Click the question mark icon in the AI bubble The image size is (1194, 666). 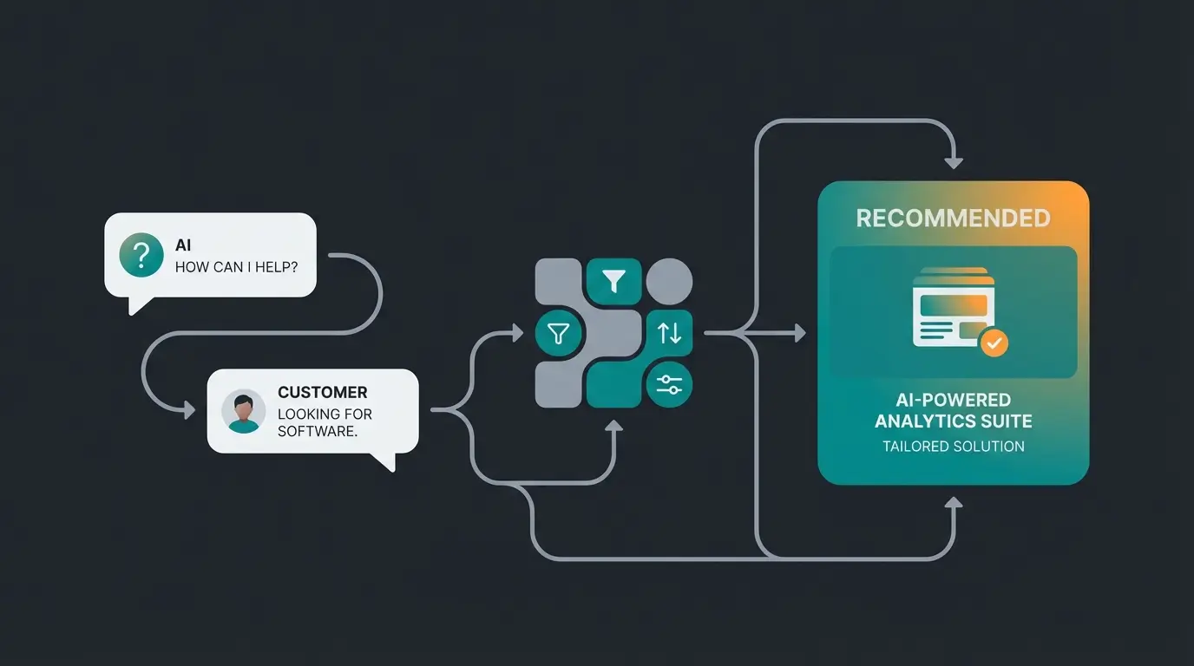(141, 255)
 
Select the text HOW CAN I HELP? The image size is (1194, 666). (236, 267)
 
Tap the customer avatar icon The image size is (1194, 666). (244, 411)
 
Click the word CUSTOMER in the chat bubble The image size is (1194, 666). (322, 393)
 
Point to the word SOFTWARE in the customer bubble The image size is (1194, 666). (316, 431)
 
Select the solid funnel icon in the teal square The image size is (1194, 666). (614, 281)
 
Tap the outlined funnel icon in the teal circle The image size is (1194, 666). (558, 333)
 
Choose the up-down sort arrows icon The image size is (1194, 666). (669, 332)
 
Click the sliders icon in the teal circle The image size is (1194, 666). (669, 385)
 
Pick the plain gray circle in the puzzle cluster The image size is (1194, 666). (669, 281)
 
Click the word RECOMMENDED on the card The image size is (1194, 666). (953, 219)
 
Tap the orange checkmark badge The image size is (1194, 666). (994, 343)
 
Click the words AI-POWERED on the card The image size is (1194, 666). (953, 400)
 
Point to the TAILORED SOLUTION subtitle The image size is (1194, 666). (953, 447)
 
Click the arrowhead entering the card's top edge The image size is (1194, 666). (954, 162)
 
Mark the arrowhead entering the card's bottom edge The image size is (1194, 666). (954, 503)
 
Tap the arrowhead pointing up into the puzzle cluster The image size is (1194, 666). (614, 427)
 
